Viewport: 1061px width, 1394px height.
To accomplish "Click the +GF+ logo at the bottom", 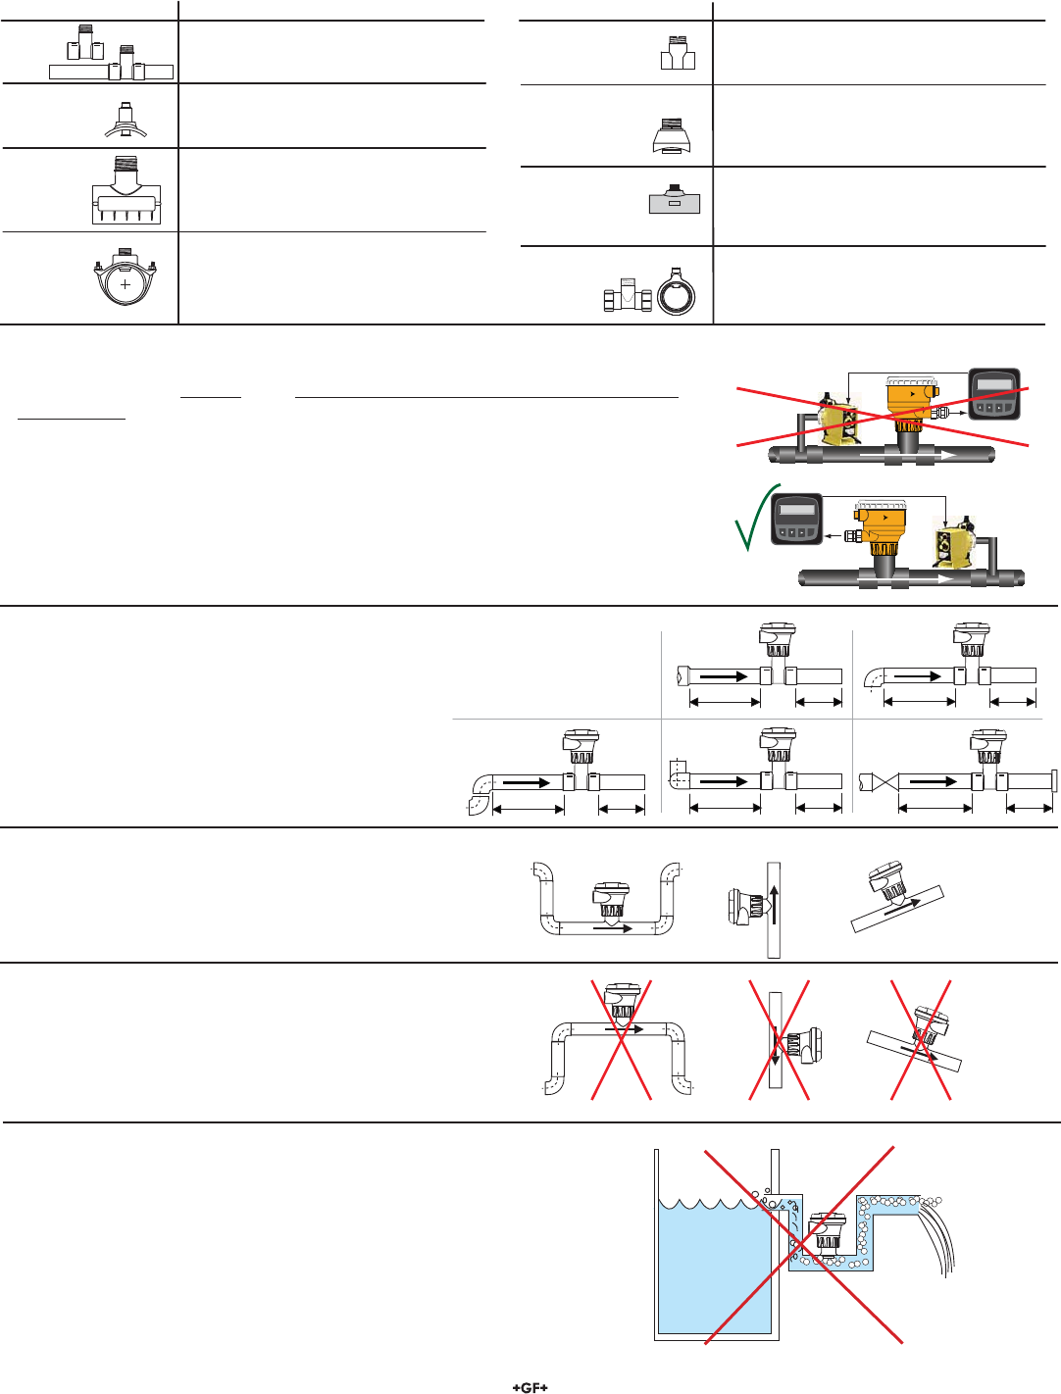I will pos(530,1387).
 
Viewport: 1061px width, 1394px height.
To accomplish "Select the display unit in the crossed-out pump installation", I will pos(994,395).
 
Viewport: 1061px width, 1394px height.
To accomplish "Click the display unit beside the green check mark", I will pos(797,519).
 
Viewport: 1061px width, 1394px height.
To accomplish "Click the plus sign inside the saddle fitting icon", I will pos(126,285).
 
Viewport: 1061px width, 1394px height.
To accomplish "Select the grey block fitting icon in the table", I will pos(675,200).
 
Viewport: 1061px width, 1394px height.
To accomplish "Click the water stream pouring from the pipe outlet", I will pos(937,1237).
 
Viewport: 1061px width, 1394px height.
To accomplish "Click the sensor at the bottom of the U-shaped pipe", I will pos(612,901).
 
